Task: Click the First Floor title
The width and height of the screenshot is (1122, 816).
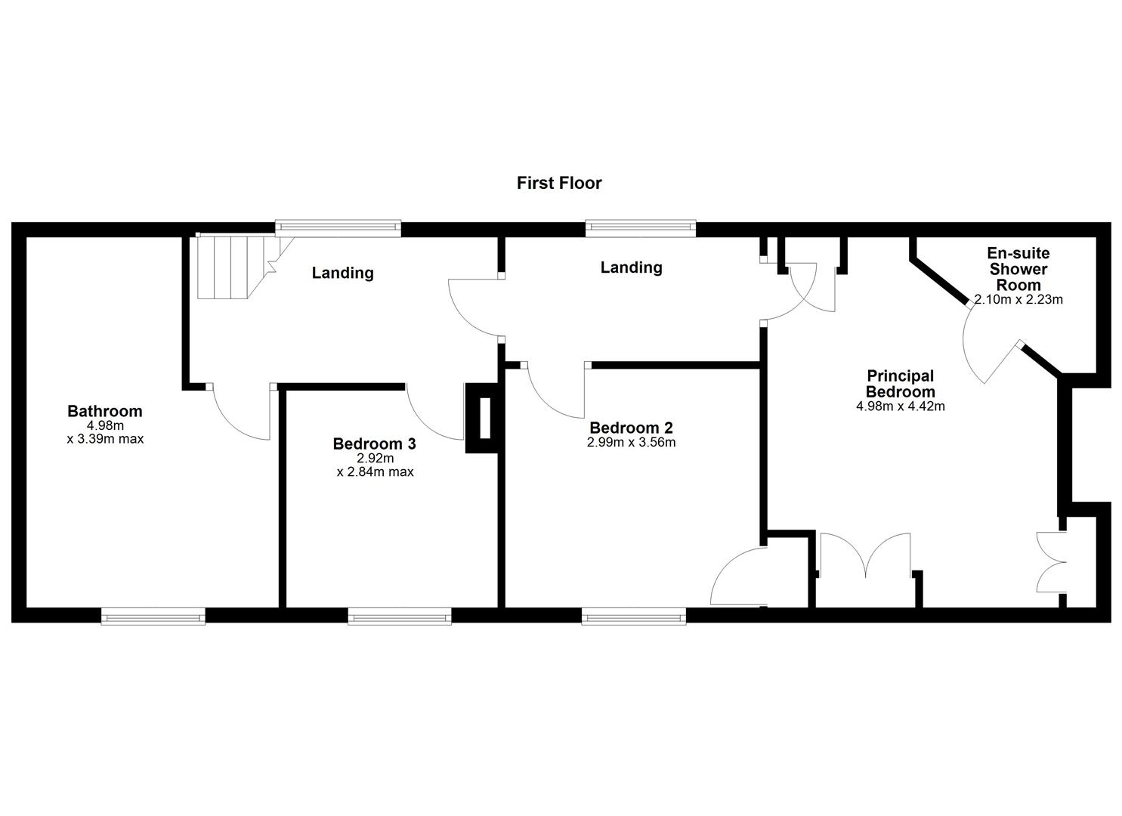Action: point(559,183)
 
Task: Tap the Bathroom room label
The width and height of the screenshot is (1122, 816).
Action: point(105,412)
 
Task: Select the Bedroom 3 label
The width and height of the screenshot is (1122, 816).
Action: point(375,444)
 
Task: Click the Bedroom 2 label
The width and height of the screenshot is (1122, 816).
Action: point(631,428)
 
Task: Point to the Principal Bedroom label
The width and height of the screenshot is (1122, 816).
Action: point(900,384)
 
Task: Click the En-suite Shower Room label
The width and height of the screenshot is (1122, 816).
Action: point(1018,269)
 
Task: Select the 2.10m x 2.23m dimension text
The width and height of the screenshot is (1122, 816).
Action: point(1018,299)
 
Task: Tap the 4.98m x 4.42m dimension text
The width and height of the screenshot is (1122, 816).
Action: point(900,406)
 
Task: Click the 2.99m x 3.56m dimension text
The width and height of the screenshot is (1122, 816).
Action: point(631,443)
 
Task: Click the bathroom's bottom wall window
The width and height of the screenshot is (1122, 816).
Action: point(153,617)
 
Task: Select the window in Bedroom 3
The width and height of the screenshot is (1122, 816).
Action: point(400,617)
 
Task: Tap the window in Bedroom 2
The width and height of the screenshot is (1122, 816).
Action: point(634,617)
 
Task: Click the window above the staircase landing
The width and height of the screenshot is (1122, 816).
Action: point(338,225)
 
